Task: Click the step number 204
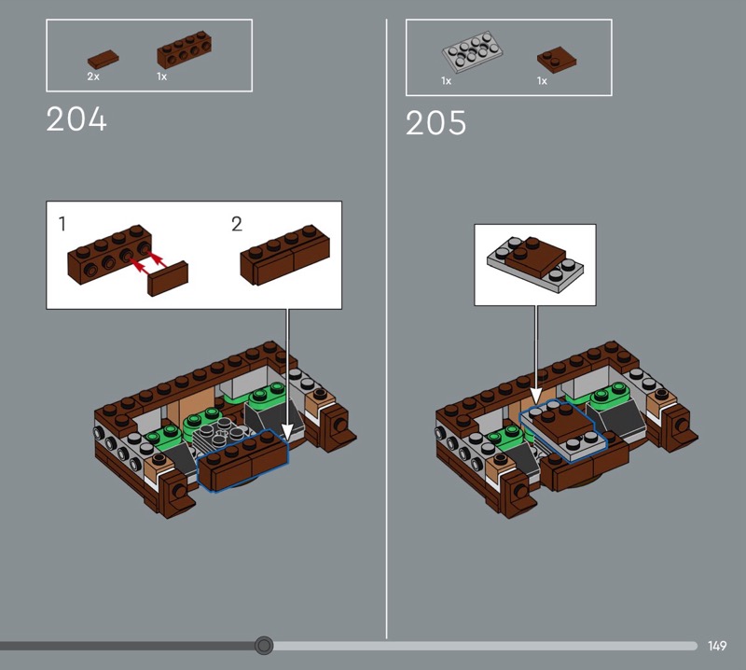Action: (76, 119)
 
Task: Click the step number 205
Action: (435, 123)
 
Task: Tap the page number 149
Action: (717, 646)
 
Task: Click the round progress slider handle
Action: (264, 646)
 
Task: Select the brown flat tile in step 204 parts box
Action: (104, 60)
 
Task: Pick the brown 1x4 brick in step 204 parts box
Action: (184, 50)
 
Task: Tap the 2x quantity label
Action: (93, 77)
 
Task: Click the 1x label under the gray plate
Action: (447, 81)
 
